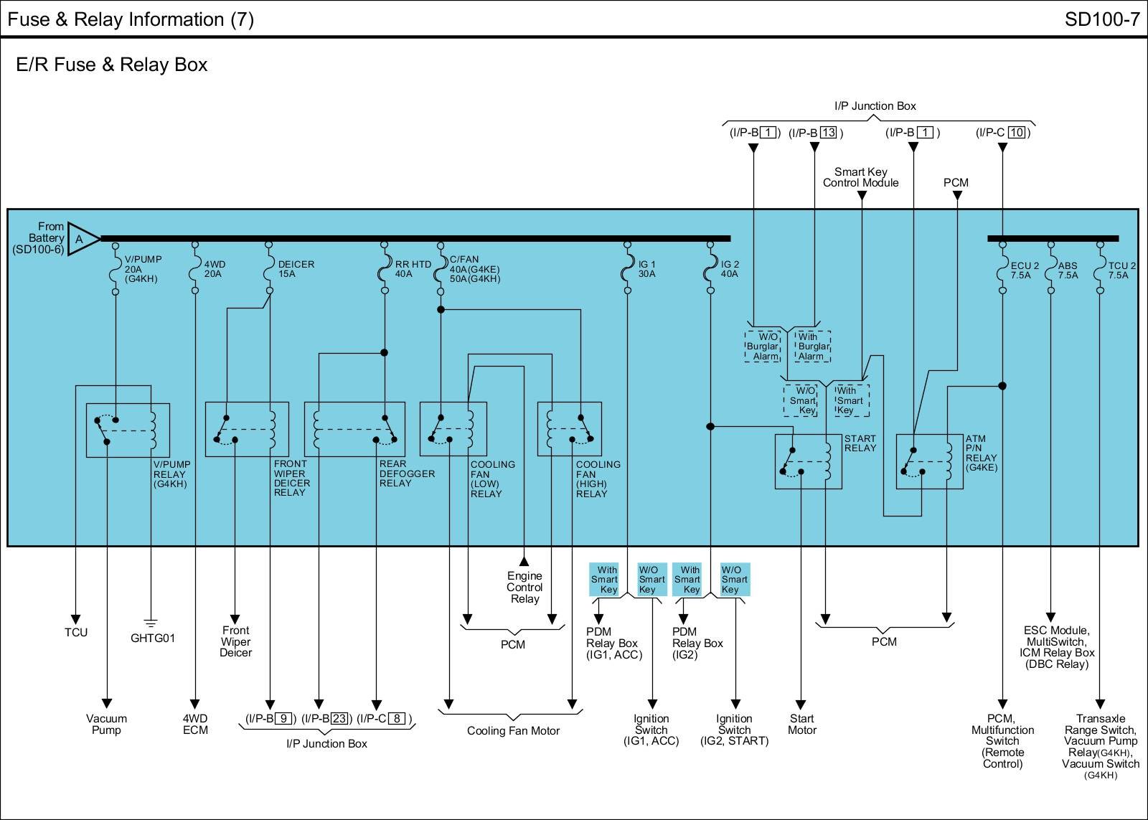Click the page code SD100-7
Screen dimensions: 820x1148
point(1101,19)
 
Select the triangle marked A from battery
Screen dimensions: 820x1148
point(82,239)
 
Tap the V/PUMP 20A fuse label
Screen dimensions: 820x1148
point(143,269)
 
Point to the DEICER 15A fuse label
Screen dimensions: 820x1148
point(296,269)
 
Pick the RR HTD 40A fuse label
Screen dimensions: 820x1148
point(413,269)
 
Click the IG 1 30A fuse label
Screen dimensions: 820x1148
point(646,269)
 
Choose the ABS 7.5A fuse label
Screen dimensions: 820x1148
point(1068,270)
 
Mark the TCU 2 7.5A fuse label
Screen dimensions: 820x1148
point(1121,270)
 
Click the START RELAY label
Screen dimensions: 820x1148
point(860,443)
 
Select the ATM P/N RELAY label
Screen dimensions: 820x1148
point(981,453)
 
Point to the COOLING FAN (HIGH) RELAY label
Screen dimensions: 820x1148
point(598,479)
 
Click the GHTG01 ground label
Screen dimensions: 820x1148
point(152,638)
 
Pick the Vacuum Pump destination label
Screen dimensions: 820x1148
point(106,724)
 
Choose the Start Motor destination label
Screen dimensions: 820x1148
point(801,724)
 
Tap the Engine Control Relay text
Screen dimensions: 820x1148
point(524,588)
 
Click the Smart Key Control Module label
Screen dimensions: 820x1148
point(860,177)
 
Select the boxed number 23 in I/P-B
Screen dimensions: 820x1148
point(339,719)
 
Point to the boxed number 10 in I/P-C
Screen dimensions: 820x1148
point(1017,132)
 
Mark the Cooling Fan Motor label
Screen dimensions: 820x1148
point(513,731)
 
